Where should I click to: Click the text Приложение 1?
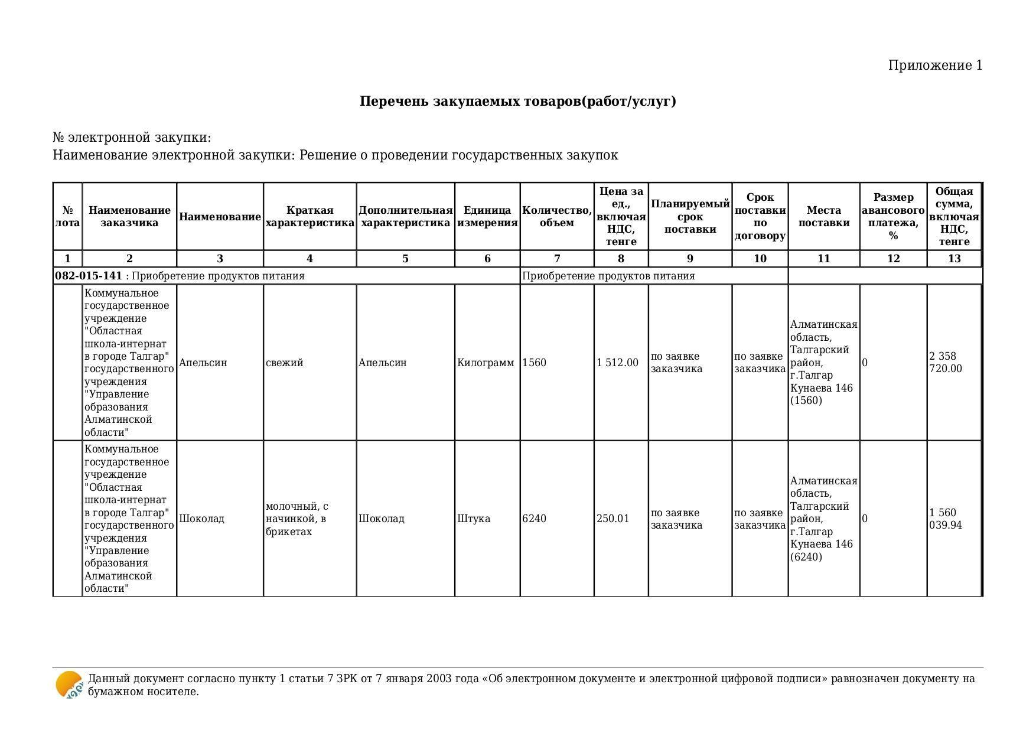(x=935, y=66)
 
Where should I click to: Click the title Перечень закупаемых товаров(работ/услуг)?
(x=517, y=101)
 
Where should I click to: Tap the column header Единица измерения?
(x=487, y=217)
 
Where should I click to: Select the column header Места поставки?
(x=823, y=217)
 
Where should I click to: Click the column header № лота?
(x=67, y=217)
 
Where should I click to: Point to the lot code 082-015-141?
(x=89, y=276)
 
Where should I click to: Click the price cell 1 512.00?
(x=617, y=363)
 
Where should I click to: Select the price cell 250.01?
(x=613, y=519)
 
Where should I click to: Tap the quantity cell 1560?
(x=535, y=363)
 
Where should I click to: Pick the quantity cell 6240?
(x=535, y=519)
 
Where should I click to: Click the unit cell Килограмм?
(x=486, y=363)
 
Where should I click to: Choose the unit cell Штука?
(x=474, y=519)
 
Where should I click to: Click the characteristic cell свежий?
(x=285, y=363)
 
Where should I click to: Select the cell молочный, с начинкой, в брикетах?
(x=297, y=519)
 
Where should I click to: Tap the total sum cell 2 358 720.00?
(x=945, y=363)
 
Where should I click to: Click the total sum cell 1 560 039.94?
(x=945, y=519)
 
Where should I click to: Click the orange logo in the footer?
(x=69, y=685)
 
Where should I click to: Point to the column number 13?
(x=954, y=259)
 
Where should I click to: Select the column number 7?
(x=557, y=259)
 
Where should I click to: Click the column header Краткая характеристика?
(x=310, y=217)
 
